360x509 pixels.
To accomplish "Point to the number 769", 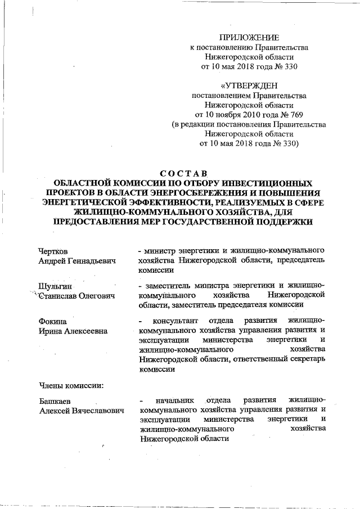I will coord(291,114).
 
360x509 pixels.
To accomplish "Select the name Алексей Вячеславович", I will coord(81,411).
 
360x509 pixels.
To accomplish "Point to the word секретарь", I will coord(307,360).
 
